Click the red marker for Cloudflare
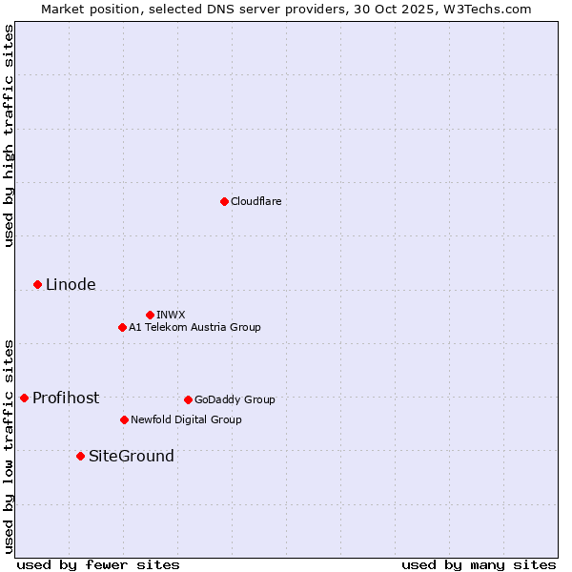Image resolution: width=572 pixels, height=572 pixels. click(x=224, y=201)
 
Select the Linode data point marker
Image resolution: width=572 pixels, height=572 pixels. click(x=37, y=284)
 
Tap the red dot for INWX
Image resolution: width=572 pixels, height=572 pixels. click(x=150, y=315)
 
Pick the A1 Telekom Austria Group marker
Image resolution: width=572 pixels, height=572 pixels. click(x=122, y=327)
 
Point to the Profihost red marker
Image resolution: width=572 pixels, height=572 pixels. click(x=24, y=398)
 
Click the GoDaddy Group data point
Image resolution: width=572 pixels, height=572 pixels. click(x=188, y=399)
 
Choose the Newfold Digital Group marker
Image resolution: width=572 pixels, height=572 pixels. click(x=124, y=419)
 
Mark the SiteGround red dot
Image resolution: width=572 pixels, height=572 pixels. click(x=80, y=456)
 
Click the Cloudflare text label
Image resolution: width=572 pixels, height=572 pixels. click(x=255, y=201)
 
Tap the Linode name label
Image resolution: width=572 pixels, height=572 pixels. click(x=71, y=284)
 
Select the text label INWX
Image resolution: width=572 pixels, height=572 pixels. click(x=171, y=315)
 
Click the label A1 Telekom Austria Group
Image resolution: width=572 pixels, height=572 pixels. click(x=194, y=327)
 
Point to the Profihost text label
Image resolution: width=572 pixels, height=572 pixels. click(x=66, y=398)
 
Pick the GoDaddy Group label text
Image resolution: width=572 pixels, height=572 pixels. click(x=235, y=399)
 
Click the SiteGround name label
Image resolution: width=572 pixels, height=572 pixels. click(x=132, y=456)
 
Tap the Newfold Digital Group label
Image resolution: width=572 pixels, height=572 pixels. click(x=186, y=419)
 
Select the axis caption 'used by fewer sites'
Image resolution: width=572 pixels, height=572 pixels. click(x=98, y=564)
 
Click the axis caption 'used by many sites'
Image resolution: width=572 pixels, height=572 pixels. click(x=479, y=564)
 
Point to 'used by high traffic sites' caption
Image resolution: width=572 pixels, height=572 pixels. click(x=10, y=135)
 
